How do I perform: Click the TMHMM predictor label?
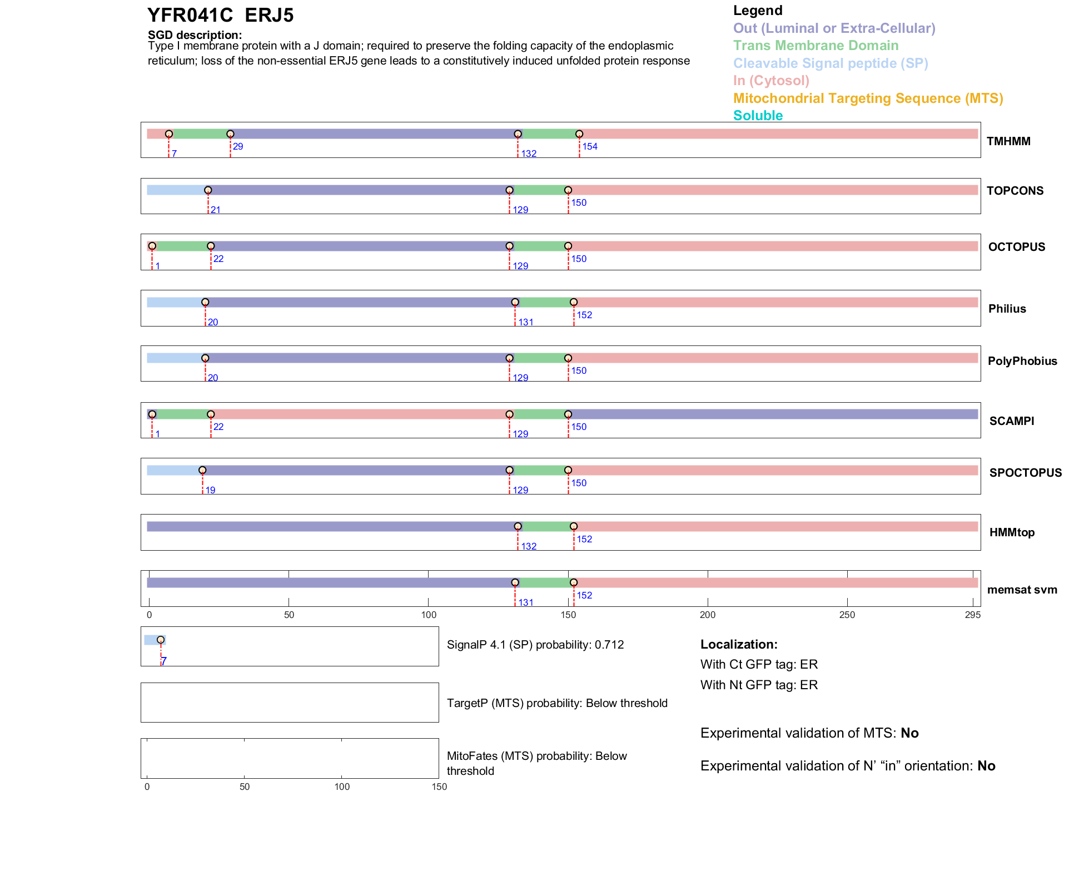click(1008, 141)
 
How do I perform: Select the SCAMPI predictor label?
click(1011, 421)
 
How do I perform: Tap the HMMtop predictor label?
click(1012, 532)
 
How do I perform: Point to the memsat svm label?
click(1022, 590)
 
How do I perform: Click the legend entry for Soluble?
click(758, 116)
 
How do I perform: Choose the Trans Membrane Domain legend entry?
click(816, 46)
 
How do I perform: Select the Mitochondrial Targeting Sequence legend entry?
click(868, 98)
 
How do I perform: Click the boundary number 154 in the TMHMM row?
click(589, 147)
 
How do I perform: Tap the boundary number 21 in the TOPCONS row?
click(216, 210)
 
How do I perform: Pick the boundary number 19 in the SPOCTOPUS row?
click(210, 490)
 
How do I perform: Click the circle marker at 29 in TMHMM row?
click(230, 134)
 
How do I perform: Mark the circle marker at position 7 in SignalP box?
click(161, 640)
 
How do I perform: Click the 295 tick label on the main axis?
click(973, 615)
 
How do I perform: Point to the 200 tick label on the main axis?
click(708, 615)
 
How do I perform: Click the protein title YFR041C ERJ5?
click(220, 16)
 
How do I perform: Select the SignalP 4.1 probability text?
click(535, 645)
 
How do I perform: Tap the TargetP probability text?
click(557, 703)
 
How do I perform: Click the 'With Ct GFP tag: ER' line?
click(759, 665)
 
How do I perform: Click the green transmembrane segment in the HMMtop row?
click(546, 526)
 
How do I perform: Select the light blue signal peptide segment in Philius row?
click(175, 302)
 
